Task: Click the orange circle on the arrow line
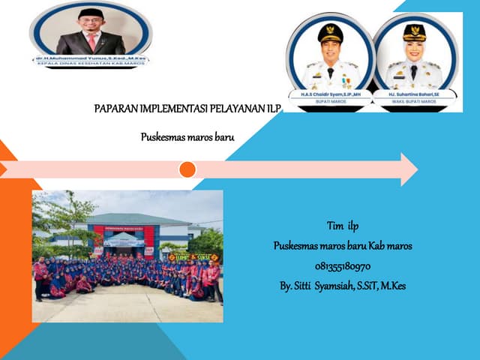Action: coord(187,169)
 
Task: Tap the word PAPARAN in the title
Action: coord(118,109)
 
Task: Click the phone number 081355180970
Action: coord(343,265)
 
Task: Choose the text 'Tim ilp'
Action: coord(343,226)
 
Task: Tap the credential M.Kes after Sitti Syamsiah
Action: coord(394,286)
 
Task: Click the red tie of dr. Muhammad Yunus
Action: coord(91,41)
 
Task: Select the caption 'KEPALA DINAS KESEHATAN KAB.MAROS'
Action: coord(90,64)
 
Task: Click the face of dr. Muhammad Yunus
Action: coord(91,23)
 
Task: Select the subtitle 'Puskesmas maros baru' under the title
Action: coord(187,137)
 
